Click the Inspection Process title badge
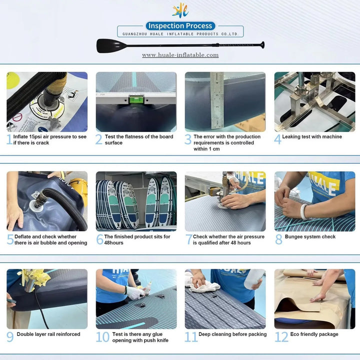(x=180, y=25)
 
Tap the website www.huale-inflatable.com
(x=180, y=55)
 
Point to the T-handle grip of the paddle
(x=262, y=45)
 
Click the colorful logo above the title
(x=180, y=10)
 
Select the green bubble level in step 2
(x=136, y=99)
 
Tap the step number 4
(x=277, y=139)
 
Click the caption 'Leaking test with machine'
(x=312, y=136)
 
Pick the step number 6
(x=100, y=239)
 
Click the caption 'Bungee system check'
(x=310, y=236)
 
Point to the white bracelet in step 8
(x=303, y=211)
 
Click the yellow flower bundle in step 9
(x=35, y=278)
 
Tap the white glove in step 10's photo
(x=135, y=292)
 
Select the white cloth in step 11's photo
(x=202, y=284)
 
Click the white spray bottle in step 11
(x=254, y=278)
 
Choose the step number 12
(x=281, y=337)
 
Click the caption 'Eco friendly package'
(x=314, y=334)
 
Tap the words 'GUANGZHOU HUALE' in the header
(x=143, y=34)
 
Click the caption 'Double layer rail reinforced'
(x=48, y=334)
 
